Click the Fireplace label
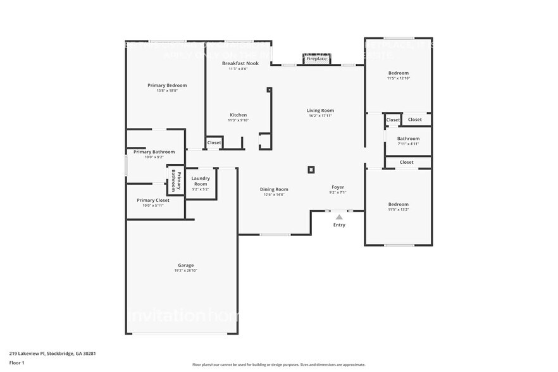pos(316,59)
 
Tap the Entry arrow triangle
pos(339,217)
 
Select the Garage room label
pos(185,265)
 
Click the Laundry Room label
pos(201,181)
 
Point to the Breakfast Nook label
pos(240,63)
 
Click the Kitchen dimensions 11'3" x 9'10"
pos(238,120)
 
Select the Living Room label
pos(320,110)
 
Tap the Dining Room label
pos(274,189)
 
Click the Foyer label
pos(338,187)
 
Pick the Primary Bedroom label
pos(167,85)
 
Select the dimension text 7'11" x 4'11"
pos(408,144)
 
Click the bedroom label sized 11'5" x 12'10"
pos(399,73)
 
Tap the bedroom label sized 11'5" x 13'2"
pos(399,204)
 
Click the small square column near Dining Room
pos(311,169)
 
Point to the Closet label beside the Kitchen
pos(214,143)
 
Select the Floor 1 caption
pos(16,363)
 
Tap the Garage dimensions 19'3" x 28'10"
pos(185,271)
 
